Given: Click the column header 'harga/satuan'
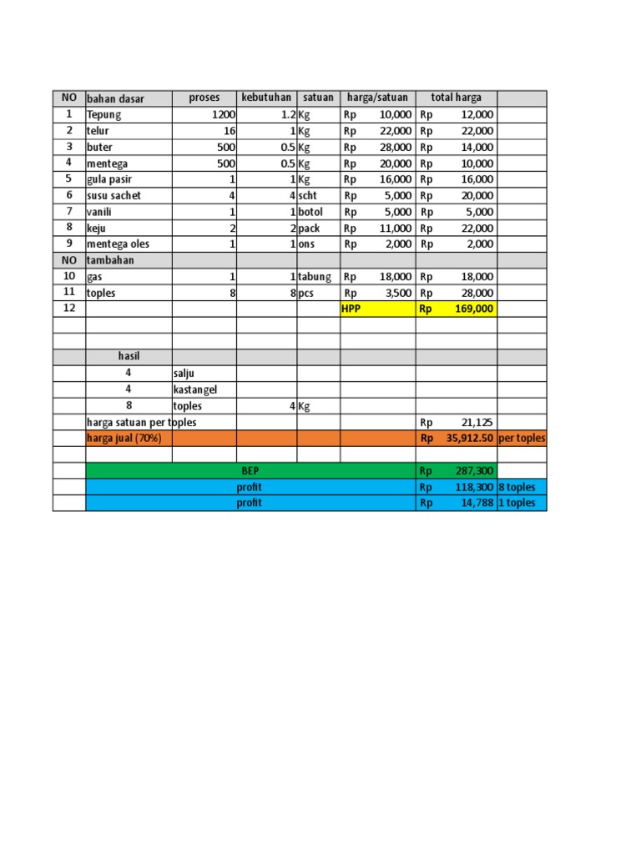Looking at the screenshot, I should pos(377,98).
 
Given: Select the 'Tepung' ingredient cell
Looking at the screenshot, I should pos(104,115).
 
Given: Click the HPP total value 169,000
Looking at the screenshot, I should pos(474,309).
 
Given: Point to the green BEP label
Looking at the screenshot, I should pos(250,471).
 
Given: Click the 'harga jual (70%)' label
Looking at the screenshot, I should pos(124,439).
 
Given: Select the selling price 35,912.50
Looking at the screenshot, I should pos(468,439).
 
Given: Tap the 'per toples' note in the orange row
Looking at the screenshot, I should pos(522,439).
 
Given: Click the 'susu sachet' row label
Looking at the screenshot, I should pos(114,195).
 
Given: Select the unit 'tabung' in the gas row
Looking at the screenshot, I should pos(315,277).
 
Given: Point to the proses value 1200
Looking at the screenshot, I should pos(224,115).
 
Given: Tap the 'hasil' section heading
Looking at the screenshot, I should pos(129,356).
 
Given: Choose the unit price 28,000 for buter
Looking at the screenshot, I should pos(395,147).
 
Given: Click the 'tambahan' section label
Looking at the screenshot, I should pos(110,260).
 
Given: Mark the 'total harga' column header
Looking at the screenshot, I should pos(456,98).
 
